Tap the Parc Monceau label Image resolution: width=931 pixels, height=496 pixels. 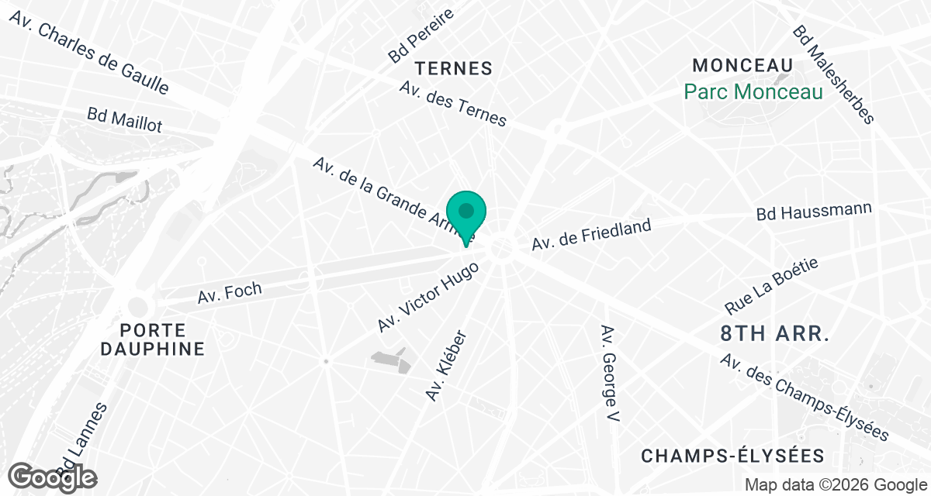[x=753, y=92]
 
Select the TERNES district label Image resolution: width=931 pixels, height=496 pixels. [x=454, y=68]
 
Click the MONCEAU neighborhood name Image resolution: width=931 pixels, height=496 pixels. [x=743, y=65]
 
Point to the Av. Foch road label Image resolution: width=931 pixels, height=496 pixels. [x=230, y=293]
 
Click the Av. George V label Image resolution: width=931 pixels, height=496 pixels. [x=610, y=374]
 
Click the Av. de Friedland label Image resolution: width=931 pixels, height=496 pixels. [x=590, y=234]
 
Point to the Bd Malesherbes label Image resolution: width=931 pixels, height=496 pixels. [x=833, y=74]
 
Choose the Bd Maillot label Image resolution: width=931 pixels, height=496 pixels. [x=125, y=119]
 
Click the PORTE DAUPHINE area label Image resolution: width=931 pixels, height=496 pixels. [x=152, y=338]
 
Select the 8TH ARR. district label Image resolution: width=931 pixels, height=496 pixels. [x=775, y=334]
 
